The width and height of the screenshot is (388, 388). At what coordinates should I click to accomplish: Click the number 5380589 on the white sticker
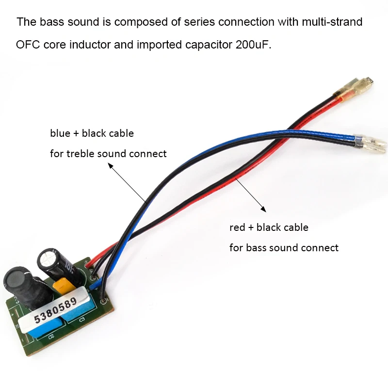[55, 310]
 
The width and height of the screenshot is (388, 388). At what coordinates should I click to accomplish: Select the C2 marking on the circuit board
[51, 337]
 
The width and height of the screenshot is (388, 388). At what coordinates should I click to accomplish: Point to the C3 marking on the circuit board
[82, 320]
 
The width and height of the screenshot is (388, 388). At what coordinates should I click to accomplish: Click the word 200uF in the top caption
[253, 45]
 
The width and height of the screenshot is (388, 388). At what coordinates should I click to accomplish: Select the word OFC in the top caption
[28, 45]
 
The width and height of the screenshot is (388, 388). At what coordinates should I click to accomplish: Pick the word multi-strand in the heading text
[332, 22]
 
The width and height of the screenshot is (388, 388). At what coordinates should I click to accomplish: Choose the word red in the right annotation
[237, 227]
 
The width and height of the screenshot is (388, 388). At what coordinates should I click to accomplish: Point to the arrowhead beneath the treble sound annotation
[111, 165]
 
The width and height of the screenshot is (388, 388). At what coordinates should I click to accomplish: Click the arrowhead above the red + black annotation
[264, 210]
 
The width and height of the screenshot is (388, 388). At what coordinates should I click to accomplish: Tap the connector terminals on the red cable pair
[354, 87]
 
